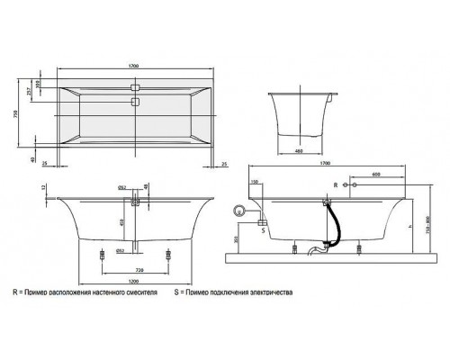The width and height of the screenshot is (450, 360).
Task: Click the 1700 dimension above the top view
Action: coord(134,66)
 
